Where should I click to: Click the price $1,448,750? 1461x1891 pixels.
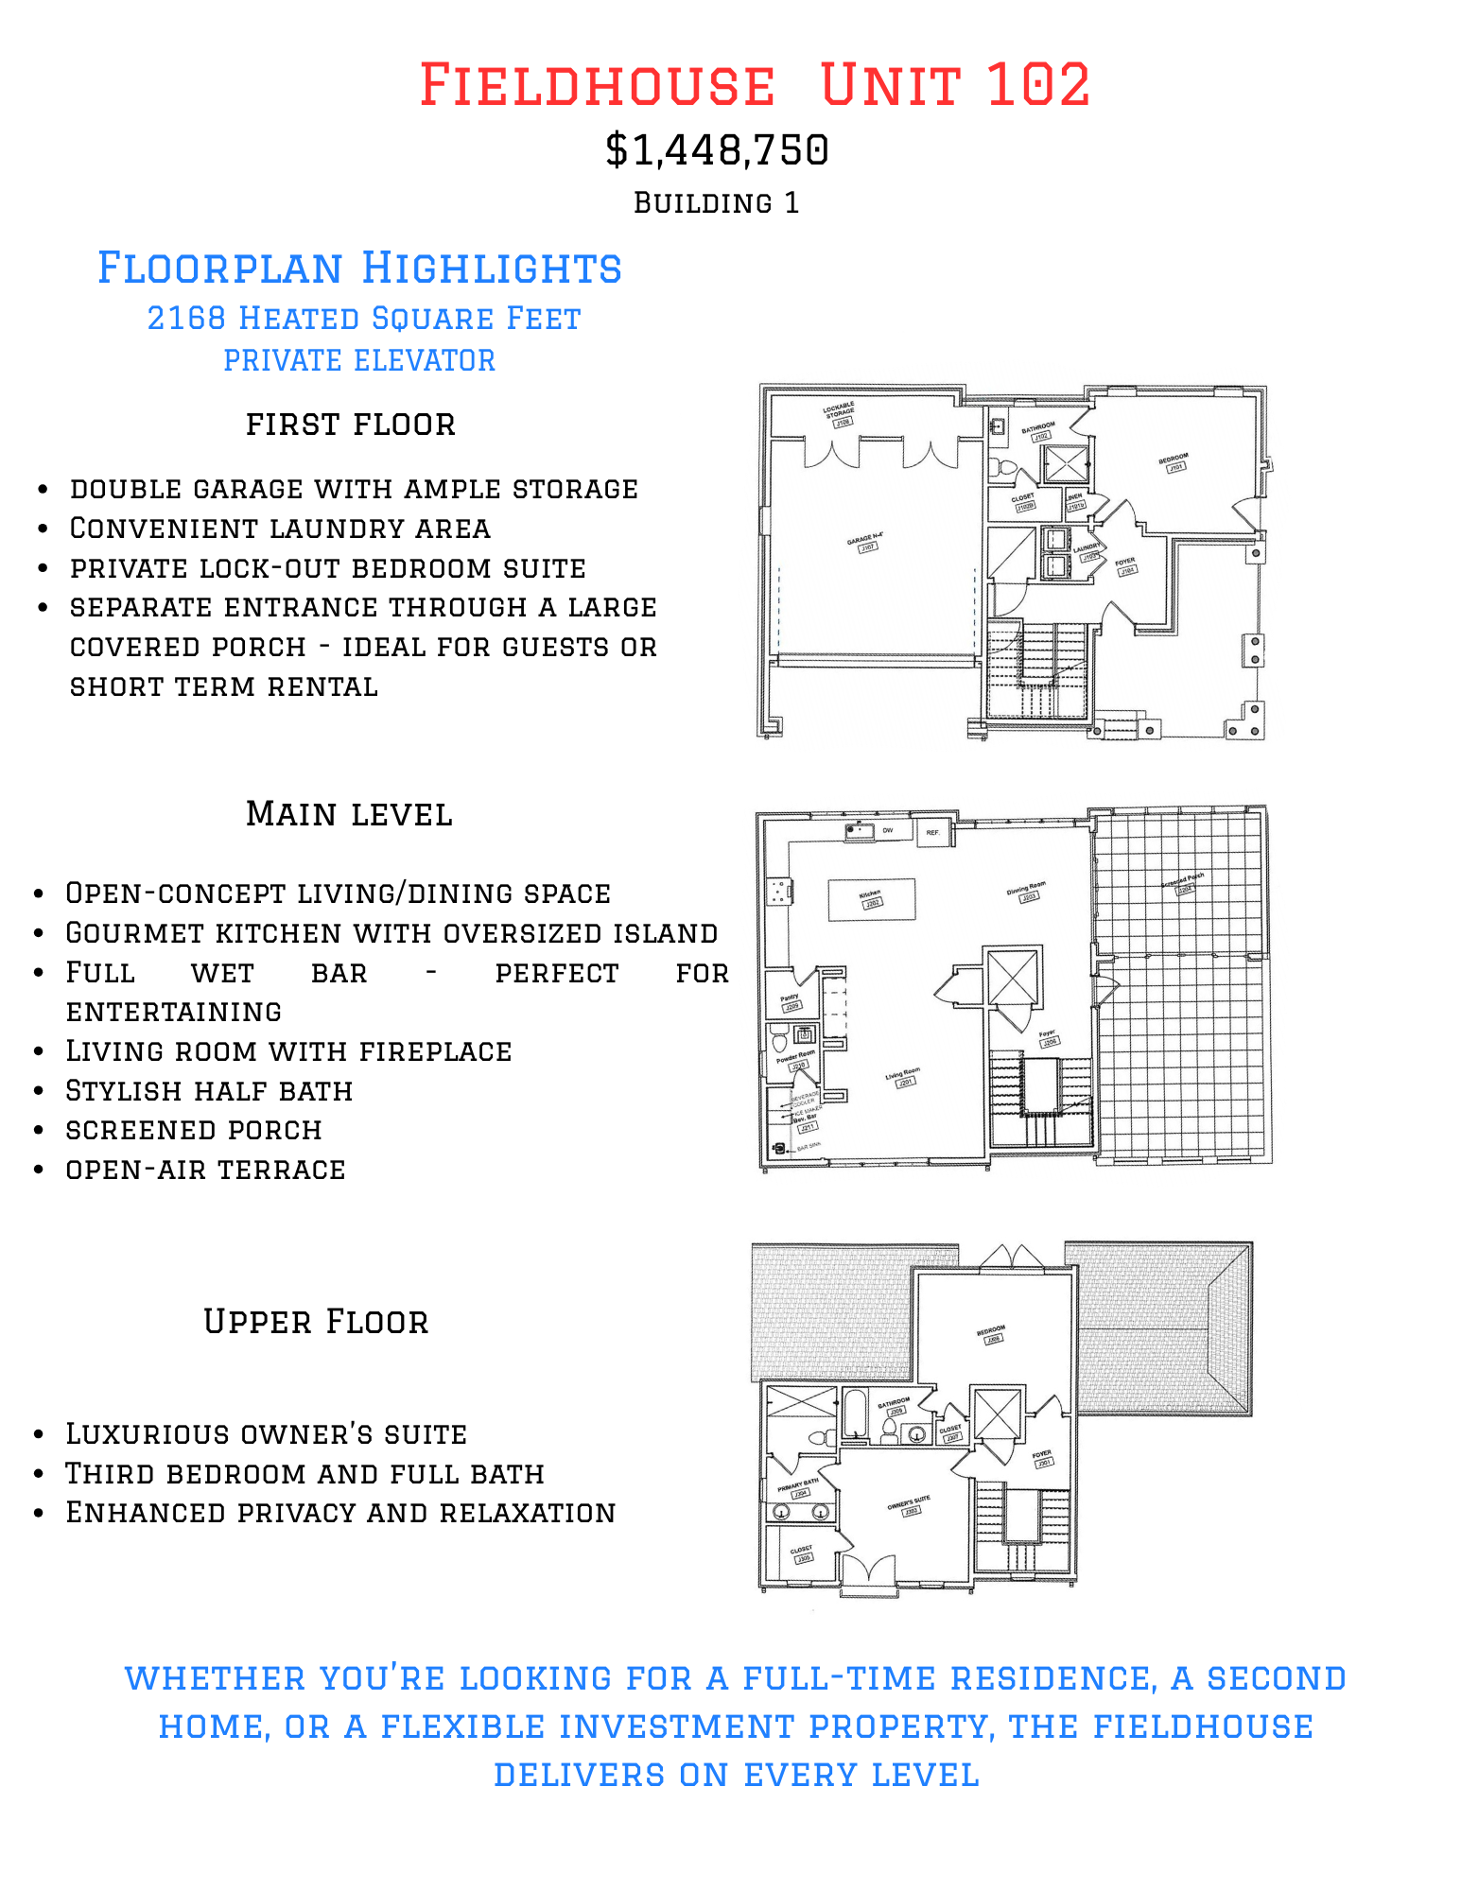tap(717, 150)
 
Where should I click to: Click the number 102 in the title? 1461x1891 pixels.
tap(1038, 85)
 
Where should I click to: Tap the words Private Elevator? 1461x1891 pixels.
tap(359, 360)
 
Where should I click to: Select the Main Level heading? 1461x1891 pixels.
tap(349, 814)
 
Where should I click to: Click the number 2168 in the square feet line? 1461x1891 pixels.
tap(186, 319)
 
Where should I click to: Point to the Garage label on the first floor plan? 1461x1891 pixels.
tap(865, 543)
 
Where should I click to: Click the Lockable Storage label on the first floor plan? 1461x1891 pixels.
tap(840, 413)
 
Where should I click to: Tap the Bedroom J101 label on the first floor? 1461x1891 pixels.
tap(1174, 461)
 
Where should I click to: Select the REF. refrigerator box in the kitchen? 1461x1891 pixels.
tap(933, 832)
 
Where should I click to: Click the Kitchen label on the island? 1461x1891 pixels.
tap(871, 898)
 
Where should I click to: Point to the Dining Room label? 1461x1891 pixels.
tap(1026, 892)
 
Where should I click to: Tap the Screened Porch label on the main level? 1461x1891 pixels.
tap(1183, 884)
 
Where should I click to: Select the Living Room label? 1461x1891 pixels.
tap(903, 1077)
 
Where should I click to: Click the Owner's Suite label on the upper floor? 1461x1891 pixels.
tap(909, 1504)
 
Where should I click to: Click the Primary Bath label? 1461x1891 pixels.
tap(797, 1487)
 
